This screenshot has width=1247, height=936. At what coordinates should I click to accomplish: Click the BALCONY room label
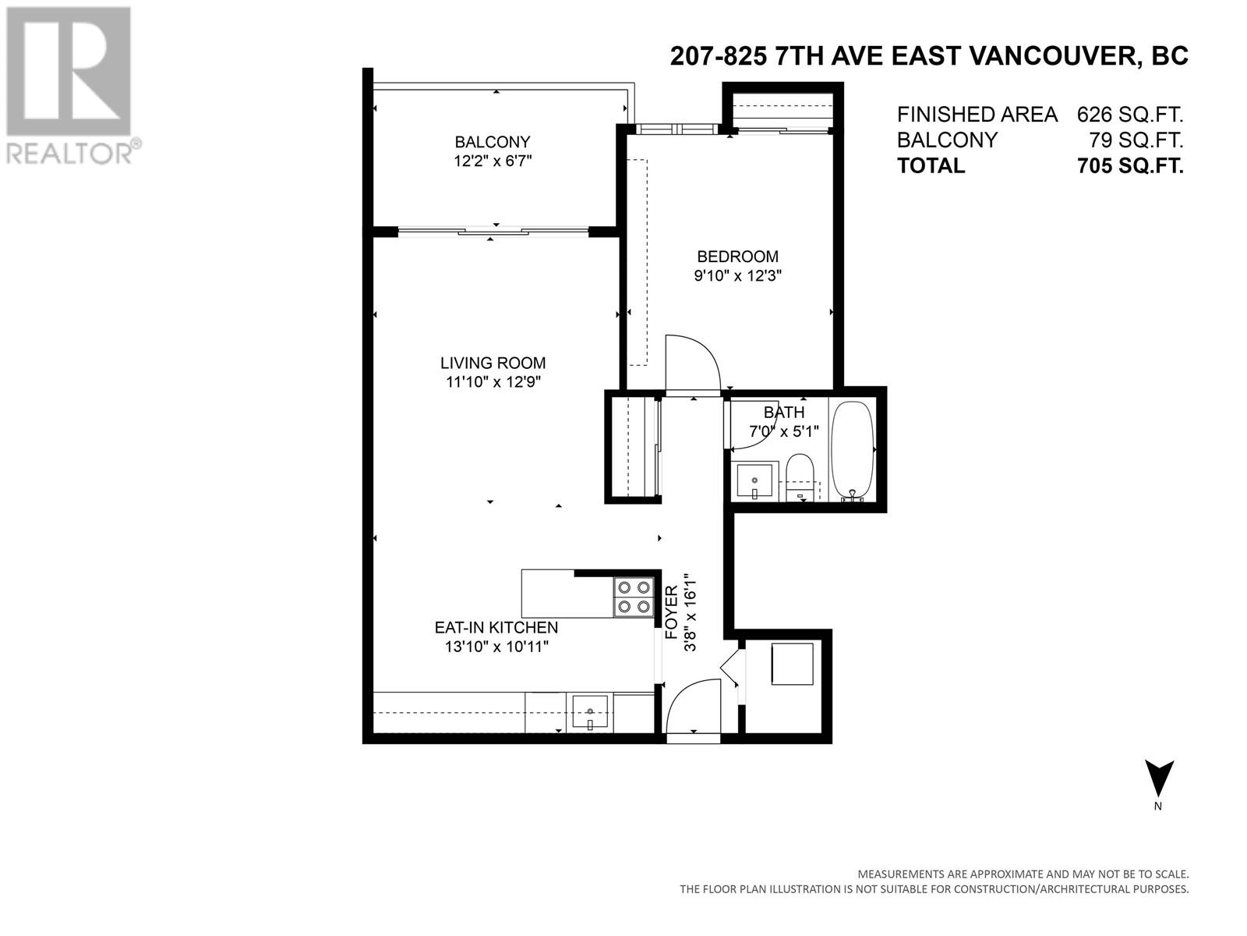click(x=492, y=141)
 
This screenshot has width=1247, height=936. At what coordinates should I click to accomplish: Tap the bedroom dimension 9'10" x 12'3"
click(x=737, y=275)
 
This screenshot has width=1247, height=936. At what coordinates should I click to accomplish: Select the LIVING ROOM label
click(x=493, y=363)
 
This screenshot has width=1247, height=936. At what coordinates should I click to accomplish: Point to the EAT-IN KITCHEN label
click(x=496, y=627)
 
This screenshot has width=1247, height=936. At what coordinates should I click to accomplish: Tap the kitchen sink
click(x=590, y=712)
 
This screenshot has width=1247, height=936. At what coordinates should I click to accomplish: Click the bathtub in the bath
click(x=852, y=451)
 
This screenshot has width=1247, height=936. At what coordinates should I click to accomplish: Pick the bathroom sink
click(x=754, y=480)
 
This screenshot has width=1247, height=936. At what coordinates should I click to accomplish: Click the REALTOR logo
click(x=69, y=85)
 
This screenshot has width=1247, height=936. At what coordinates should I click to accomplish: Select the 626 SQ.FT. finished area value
click(x=1130, y=115)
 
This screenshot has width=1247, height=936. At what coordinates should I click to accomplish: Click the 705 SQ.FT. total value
click(x=1130, y=166)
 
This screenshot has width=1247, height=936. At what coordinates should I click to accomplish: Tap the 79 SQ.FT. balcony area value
click(x=1136, y=140)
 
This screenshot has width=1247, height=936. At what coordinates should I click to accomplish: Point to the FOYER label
click(x=672, y=612)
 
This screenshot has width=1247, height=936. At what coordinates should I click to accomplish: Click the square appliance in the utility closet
click(x=792, y=664)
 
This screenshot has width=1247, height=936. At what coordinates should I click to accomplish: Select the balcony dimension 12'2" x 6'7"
click(x=493, y=161)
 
